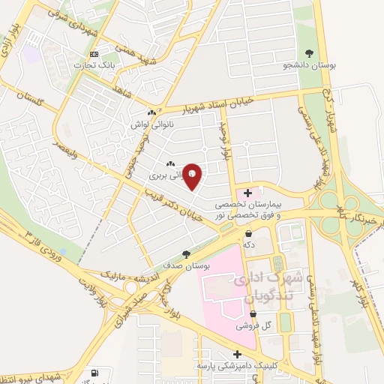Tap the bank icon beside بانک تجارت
(x=93, y=55)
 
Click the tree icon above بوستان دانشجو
(x=310, y=52)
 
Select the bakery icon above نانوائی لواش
(x=151, y=112)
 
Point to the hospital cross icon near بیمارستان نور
(x=248, y=193)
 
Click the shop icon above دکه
(x=248, y=233)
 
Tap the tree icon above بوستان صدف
(x=186, y=254)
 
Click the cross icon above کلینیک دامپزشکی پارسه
(x=238, y=354)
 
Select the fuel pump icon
(x=94, y=373)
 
